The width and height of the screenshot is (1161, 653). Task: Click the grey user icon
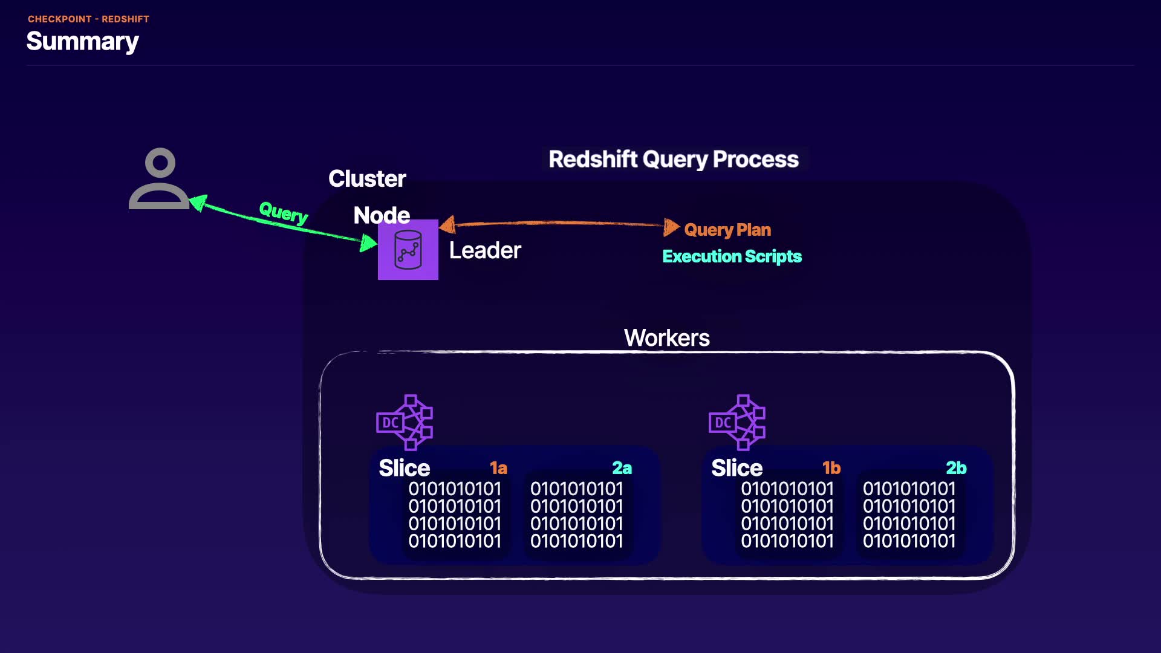coord(159,179)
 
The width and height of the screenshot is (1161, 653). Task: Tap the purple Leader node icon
coord(408,250)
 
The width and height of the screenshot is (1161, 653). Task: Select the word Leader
coord(485,250)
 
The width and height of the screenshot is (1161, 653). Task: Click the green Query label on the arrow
coord(283,212)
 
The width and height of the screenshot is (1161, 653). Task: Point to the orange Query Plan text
coord(727,230)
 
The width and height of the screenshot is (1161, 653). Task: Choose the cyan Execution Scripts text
coord(732,256)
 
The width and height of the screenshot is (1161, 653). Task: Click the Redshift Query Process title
coord(674,159)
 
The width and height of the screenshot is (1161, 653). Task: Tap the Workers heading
coord(667,337)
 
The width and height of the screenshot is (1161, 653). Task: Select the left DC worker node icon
coord(405,422)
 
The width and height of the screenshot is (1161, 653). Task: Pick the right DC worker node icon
coord(737,422)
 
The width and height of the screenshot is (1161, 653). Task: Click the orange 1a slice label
coord(498,468)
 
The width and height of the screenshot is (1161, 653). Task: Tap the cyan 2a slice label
coord(622,468)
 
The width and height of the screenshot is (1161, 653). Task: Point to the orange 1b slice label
coord(831,468)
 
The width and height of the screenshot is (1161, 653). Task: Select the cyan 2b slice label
coord(956,468)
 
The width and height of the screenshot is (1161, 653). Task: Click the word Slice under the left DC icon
coord(404,468)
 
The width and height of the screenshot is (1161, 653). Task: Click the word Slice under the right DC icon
coord(737,468)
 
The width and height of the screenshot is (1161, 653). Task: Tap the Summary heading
coord(83,41)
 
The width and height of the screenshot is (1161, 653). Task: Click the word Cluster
coord(367,179)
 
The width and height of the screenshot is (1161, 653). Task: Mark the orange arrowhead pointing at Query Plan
coord(671,227)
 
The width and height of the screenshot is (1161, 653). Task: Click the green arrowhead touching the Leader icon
coord(368,243)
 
